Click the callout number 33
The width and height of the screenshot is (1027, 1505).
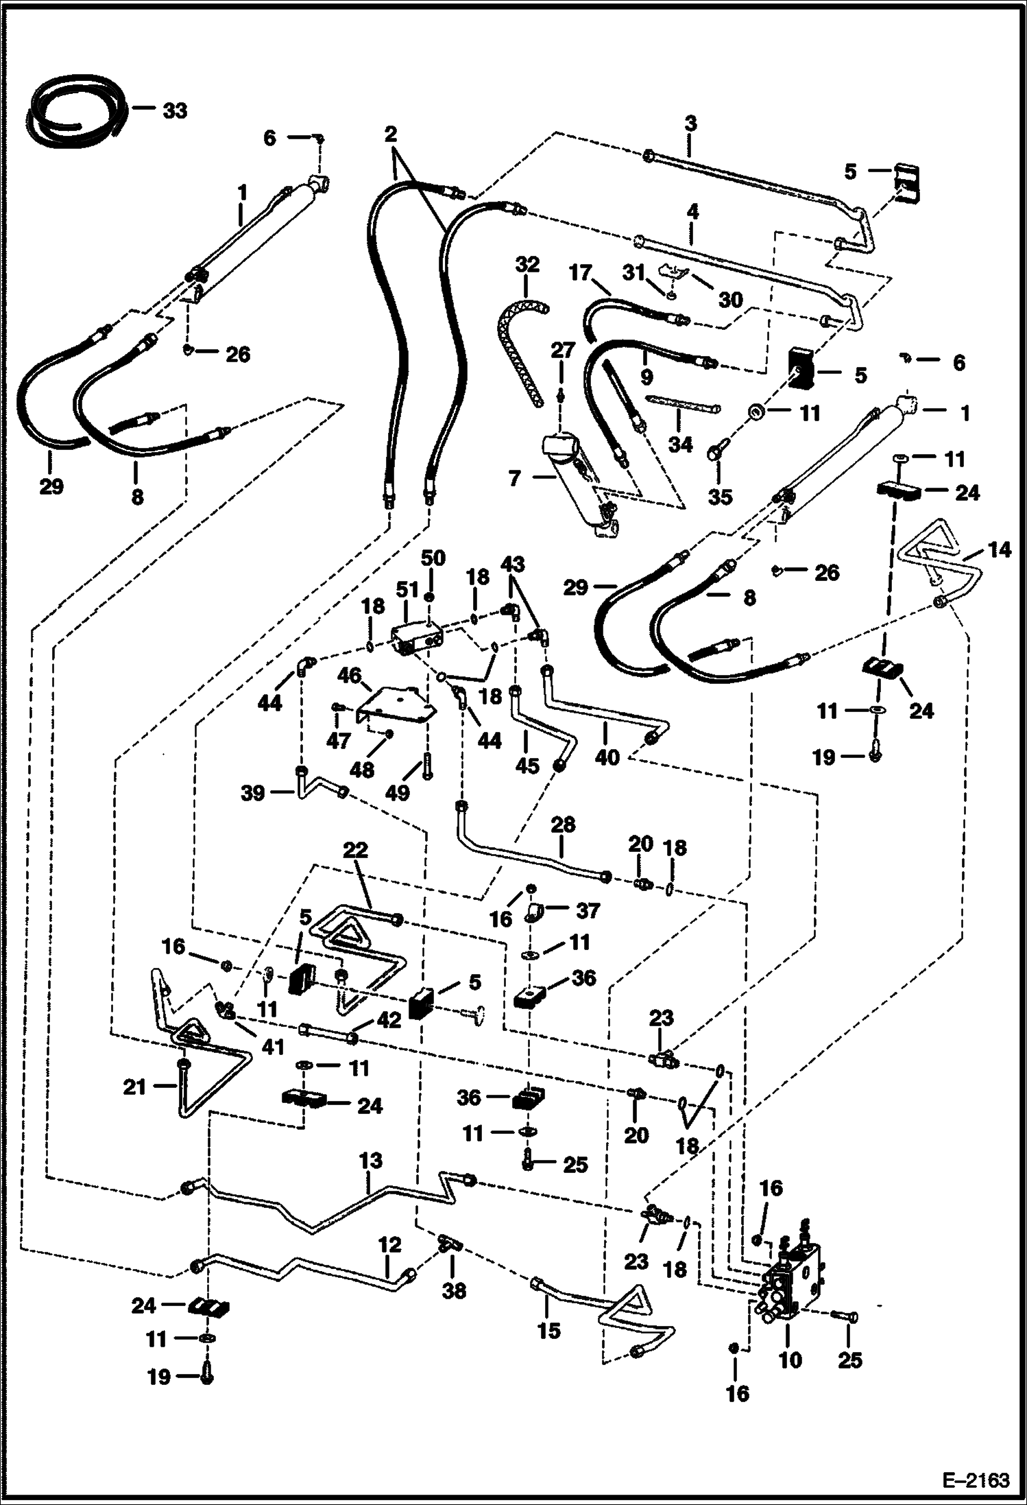pos(175,110)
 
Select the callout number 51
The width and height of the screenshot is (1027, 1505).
pos(407,589)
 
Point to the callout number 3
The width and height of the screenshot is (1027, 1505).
pos(690,123)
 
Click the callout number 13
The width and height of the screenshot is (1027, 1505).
pos(370,1161)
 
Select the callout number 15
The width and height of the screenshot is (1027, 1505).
pos(549,1330)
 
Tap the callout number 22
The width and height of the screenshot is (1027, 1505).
pos(355,850)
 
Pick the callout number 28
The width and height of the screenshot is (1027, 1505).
pos(562,824)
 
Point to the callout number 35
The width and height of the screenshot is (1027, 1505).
pos(720,496)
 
